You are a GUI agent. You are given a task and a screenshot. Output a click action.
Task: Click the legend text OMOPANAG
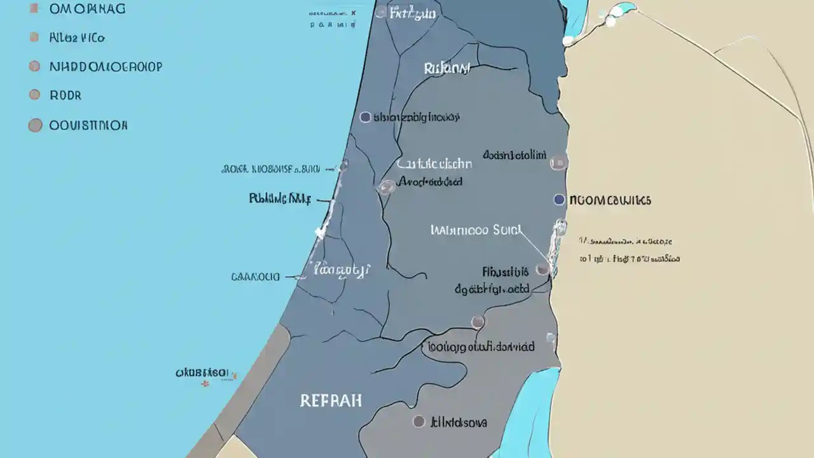tap(87, 9)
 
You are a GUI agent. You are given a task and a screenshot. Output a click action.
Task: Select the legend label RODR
tap(66, 95)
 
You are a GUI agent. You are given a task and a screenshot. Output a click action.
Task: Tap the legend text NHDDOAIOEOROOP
tap(106, 66)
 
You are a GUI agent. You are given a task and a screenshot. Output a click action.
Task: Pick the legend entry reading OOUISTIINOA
tap(88, 125)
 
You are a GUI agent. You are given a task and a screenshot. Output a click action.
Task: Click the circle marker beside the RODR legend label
tap(34, 95)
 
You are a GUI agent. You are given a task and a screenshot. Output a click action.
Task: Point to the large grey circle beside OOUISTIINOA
tap(35, 125)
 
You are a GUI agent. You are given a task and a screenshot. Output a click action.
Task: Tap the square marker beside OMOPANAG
tap(34, 9)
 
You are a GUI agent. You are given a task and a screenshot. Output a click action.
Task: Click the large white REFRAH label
tap(331, 401)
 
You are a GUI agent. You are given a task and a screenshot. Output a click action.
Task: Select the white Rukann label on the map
tap(446, 68)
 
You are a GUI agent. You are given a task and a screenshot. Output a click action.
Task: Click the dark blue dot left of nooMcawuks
tap(559, 200)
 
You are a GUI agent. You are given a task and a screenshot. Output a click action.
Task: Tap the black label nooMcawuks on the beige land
tap(610, 200)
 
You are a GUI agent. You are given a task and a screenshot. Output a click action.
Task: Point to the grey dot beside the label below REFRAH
tap(418, 421)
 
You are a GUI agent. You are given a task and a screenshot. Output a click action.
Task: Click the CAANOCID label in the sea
tap(255, 277)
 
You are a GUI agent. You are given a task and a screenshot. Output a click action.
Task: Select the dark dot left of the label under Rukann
tap(365, 117)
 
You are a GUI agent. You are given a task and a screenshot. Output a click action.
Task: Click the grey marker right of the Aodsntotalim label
tap(558, 163)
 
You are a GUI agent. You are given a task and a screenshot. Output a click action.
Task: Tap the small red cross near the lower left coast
tap(205, 384)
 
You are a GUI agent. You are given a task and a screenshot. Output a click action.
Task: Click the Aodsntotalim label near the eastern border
tap(514, 155)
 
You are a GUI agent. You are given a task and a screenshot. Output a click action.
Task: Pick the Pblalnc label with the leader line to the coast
tap(280, 198)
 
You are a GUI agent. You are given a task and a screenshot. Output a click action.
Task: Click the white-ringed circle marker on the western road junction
tap(386, 187)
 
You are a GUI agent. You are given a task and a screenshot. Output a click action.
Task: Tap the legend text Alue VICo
tap(77, 38)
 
